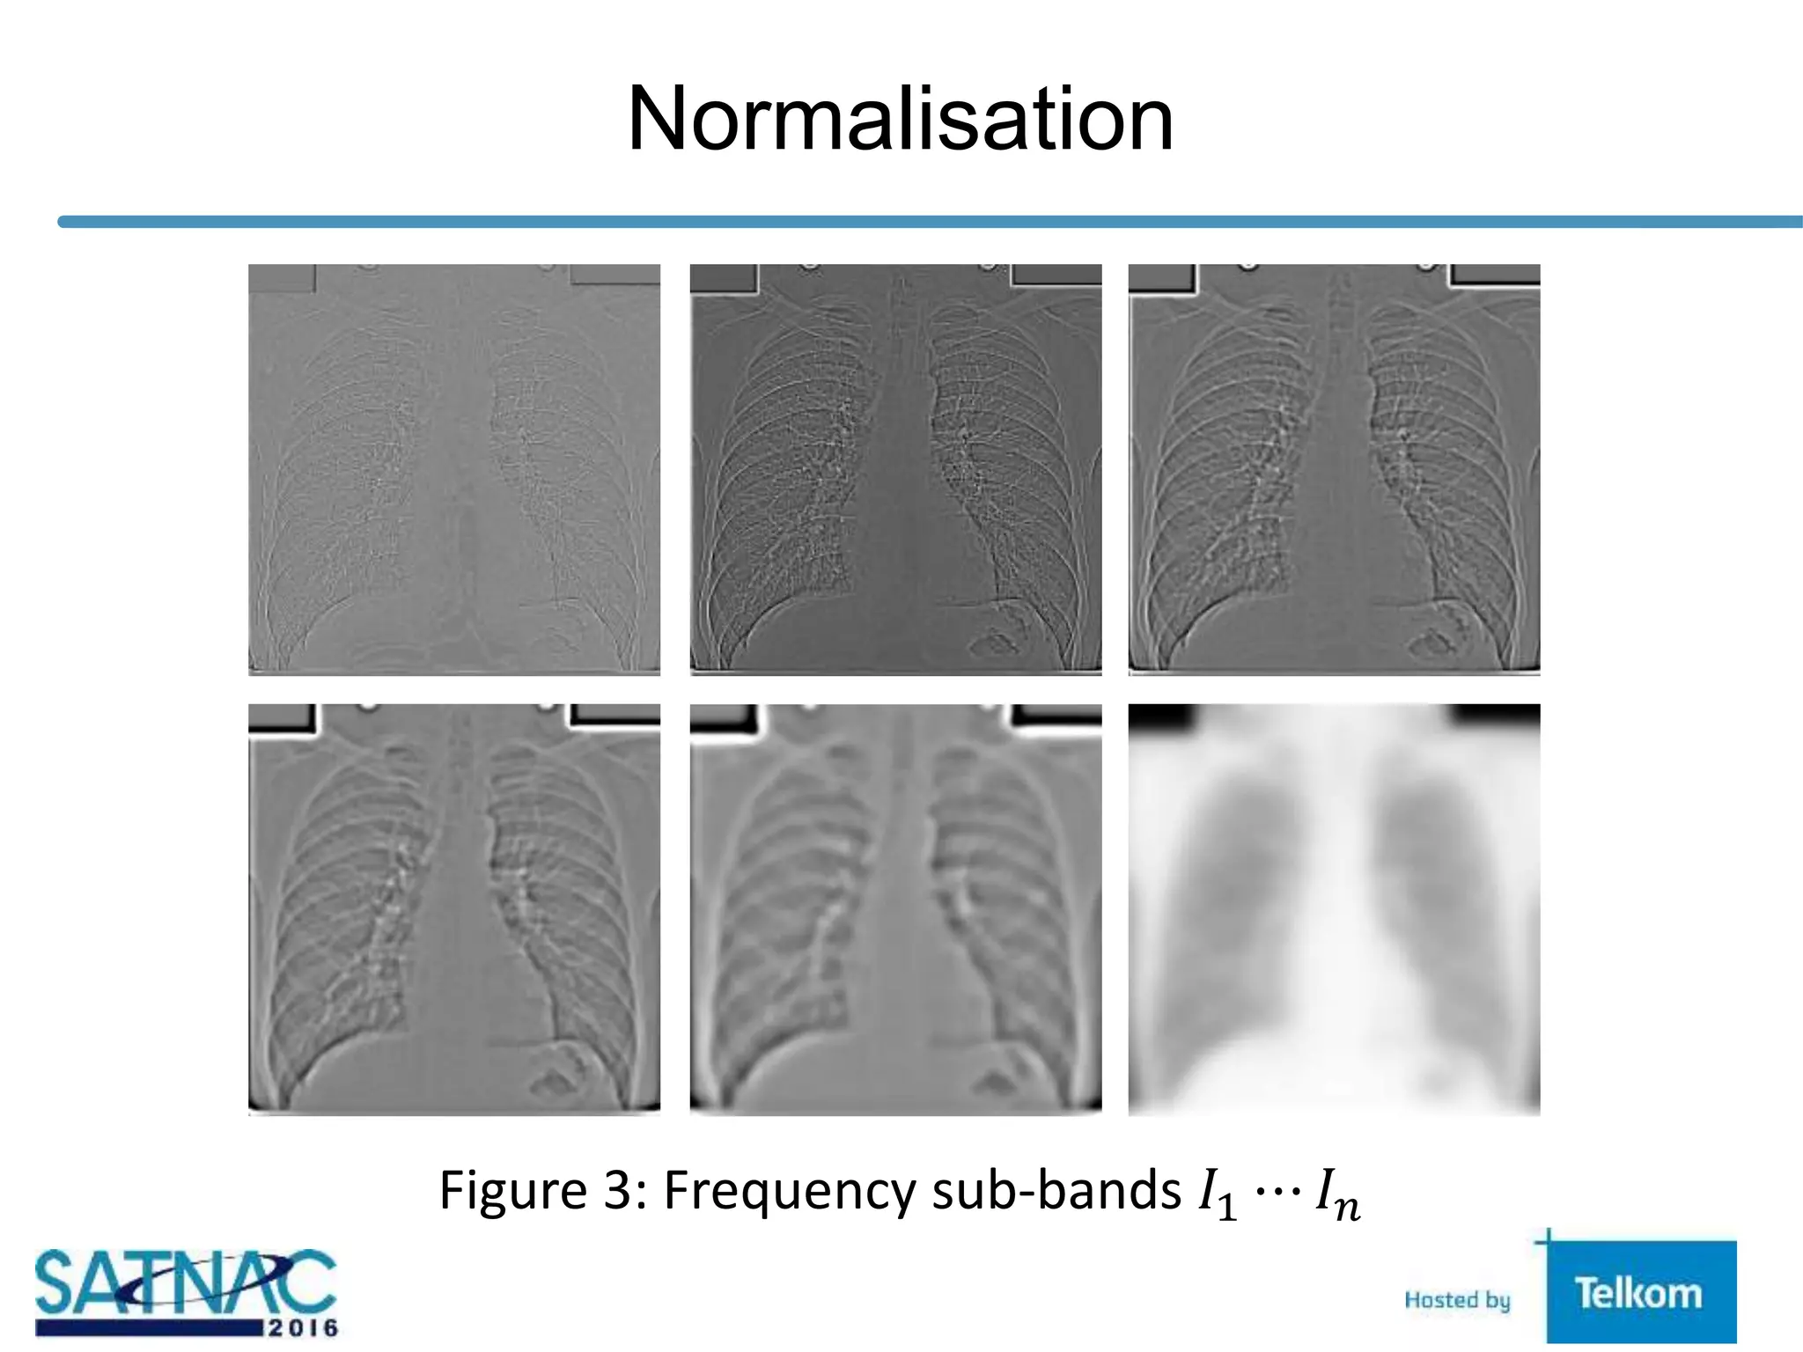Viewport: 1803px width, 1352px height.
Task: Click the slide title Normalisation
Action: pos(900,119)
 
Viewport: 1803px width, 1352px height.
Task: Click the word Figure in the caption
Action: pos(513,1192)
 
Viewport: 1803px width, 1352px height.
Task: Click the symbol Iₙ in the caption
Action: pos(1336,1195)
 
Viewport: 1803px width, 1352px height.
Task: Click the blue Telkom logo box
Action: pos(1639,1292)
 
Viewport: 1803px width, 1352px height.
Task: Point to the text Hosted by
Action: pos(1457,1299)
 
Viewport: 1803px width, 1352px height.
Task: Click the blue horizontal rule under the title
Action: pos(924,222)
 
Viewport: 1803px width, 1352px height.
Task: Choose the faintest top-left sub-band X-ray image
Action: pos(453,469)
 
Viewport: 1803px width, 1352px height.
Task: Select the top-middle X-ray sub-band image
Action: pos(895,469)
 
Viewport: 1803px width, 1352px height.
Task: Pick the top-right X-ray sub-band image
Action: pos(1334,469)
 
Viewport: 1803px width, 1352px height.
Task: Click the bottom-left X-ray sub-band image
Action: pos(453,909)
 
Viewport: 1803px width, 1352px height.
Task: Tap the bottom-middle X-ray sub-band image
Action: pos(895,909)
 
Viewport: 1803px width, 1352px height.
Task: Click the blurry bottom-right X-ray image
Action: pos(1334,909)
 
